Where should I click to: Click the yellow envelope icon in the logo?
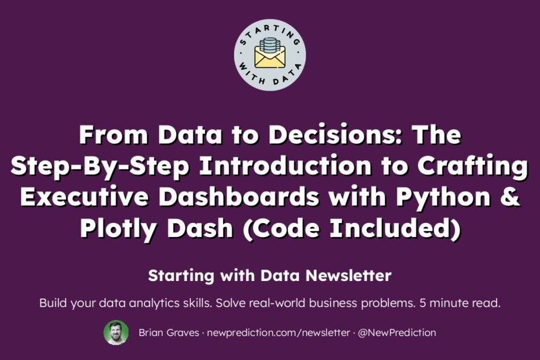coord(270,56)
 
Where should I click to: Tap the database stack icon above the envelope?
coord(271,45)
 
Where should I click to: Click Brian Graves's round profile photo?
coord(116,333)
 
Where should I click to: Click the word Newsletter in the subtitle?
coord(348,276)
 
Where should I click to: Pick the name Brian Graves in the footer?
coord(169,333)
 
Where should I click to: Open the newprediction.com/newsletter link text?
coord(278,333)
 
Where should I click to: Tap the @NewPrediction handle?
coord(397,333)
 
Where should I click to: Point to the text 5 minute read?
coord(460,303)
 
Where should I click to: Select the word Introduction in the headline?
coord(286,166)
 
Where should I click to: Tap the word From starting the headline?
coord(114,135)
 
